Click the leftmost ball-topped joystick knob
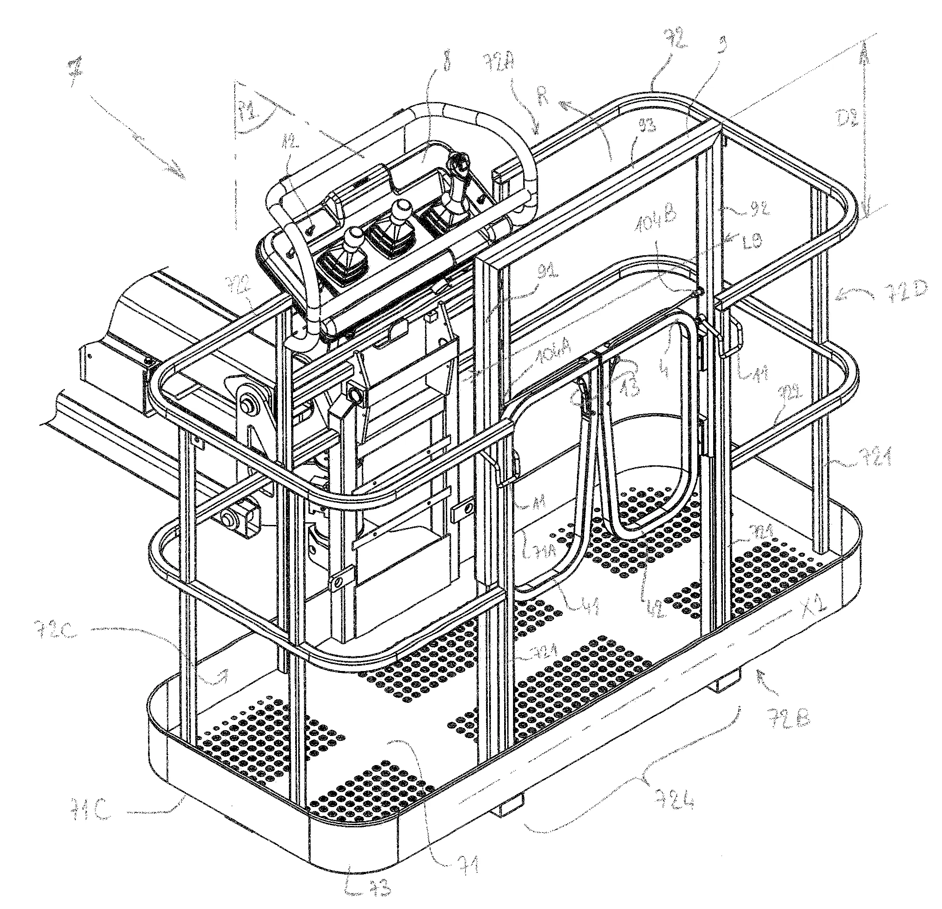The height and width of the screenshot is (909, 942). tap(356, 236)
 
